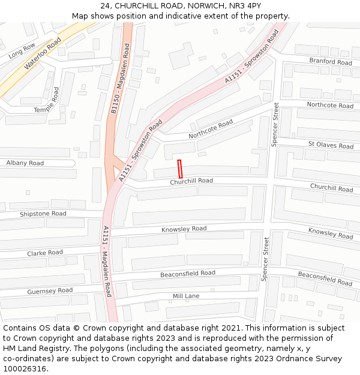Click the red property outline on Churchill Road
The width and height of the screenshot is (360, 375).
click(179, 168)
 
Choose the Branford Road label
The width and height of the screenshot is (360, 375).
click(331, 62)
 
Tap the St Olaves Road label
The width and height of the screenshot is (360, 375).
click(331, 145)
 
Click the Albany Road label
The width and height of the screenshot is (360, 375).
click(25, 163)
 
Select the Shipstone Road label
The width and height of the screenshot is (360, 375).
click(43, 214)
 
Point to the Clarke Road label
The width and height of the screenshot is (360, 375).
click(44, 253)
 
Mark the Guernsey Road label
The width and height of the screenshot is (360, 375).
click(50, 291)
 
